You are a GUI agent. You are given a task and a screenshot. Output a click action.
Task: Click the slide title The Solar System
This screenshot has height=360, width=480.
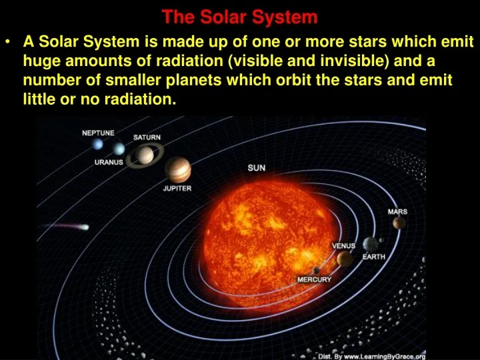[239, 16]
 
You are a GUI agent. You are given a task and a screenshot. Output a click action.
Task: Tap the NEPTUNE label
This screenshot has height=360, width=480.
[98, 133]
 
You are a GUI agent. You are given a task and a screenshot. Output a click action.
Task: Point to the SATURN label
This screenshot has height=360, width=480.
[147, 137]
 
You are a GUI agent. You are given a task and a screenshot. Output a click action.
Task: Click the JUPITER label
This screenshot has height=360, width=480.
[177, 189]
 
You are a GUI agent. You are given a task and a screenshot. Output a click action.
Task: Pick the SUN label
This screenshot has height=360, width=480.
[256, 168]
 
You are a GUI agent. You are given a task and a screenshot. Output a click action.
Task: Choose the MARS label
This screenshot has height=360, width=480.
[397, 212]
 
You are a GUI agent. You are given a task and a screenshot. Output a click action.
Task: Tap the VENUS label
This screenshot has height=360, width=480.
[344, 246]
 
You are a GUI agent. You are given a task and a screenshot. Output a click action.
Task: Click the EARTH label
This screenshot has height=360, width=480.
[373, 257]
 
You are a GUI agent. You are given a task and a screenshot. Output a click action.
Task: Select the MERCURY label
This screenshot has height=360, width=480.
[314, 279]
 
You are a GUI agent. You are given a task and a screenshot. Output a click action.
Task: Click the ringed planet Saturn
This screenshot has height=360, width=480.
[145, 156]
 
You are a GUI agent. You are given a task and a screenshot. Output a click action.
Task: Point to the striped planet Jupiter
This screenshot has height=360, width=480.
[177, 169]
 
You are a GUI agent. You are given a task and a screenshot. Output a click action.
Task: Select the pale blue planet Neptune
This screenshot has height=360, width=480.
[98, 144]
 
